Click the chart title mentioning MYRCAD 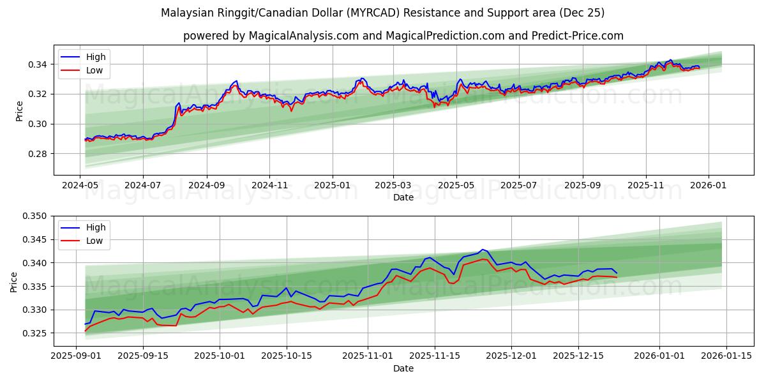click(x=382, y=13)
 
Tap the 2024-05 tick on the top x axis click(x=80, y=184)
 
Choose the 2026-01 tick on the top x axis click(x=709, y=184)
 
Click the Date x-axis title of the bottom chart click(x=403, y=368)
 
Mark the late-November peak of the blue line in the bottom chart click(x=483, y=250)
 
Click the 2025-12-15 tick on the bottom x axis click(x=578, y=356)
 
